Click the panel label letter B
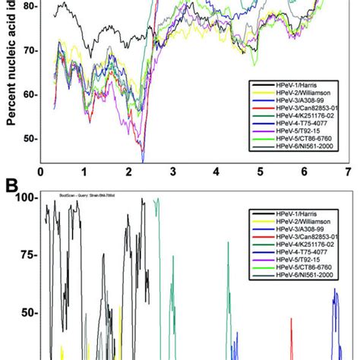click(11, 185)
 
